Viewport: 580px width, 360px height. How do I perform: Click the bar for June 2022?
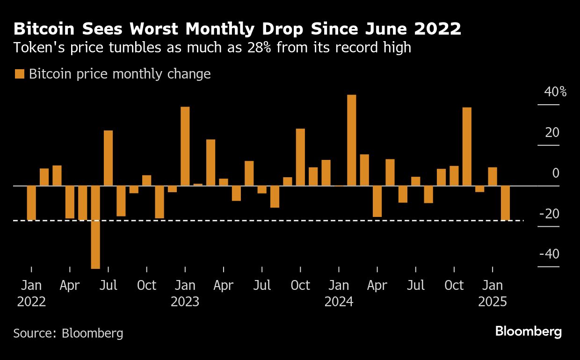[95, 227]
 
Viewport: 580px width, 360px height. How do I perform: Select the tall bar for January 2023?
[185, 146]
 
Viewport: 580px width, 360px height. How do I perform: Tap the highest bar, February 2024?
[352, 140]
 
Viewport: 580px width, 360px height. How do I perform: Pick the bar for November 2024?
[467, 146]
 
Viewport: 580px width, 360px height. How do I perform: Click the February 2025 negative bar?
[505, 203]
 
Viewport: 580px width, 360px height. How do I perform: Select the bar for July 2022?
[108, 158]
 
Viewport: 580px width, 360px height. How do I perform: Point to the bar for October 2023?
[300, 157]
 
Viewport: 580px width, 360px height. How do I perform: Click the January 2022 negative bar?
[31, 203]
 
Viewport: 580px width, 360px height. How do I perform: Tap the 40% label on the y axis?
[555, 92]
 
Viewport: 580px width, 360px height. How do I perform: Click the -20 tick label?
[549, 214]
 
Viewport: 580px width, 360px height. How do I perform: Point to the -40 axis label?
[549, 254]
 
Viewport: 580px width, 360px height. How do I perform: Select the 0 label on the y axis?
[555, 173]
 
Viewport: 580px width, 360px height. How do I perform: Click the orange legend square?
[20, 74]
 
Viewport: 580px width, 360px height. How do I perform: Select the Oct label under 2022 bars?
[146, 285]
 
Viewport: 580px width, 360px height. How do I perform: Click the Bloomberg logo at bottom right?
[528, 332]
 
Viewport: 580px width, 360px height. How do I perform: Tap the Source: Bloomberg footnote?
[68, 333]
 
